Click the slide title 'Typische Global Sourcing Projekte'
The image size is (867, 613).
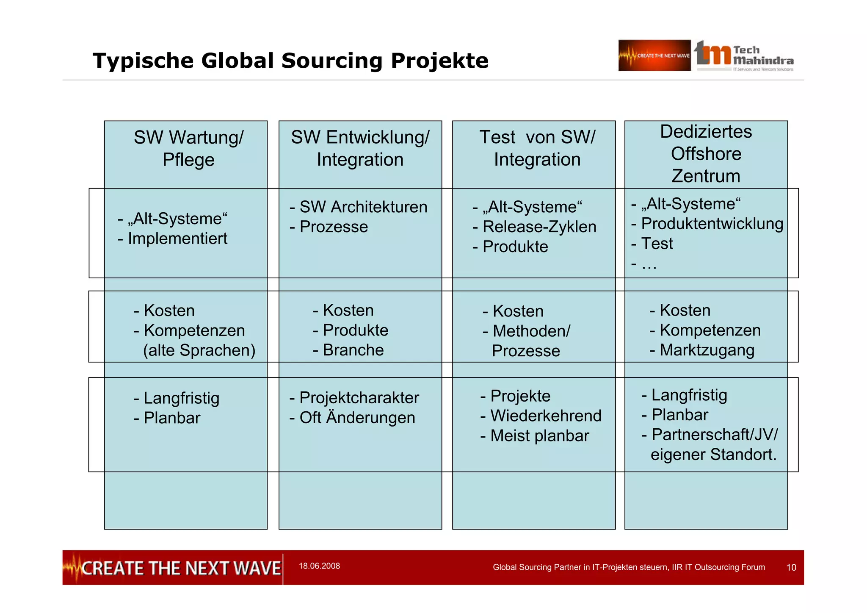tap(290, 61)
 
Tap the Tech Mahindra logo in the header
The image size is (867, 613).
tap(744, 56)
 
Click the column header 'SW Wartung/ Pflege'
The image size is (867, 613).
tap(188, 148)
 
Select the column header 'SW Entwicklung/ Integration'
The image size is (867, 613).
tap(360, 148)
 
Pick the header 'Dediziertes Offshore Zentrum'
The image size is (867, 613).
tap(706, 153)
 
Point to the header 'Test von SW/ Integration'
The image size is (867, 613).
tap(537, 148)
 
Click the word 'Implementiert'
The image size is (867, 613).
tap(177, 239)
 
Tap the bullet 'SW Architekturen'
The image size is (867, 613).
tap(363, 207)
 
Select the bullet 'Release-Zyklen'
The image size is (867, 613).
tap(539, 227)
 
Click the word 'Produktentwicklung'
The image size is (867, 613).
tap(712, 224)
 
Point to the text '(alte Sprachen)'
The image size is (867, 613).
tap(199, 350)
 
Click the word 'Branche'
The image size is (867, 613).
tap(353, 350)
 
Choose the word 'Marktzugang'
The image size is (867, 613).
tap(707, 350)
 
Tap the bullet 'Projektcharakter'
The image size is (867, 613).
tap(359, 398)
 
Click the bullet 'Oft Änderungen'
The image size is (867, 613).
tap(357, 418)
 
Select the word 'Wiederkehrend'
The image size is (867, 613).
tap(546, 416)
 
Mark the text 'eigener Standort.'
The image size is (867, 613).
tap(714, 455)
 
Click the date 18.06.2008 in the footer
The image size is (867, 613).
tap(319, 566)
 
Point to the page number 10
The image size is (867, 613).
tap(791, 568)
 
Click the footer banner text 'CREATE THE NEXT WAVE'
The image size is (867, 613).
tap(181, 568)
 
